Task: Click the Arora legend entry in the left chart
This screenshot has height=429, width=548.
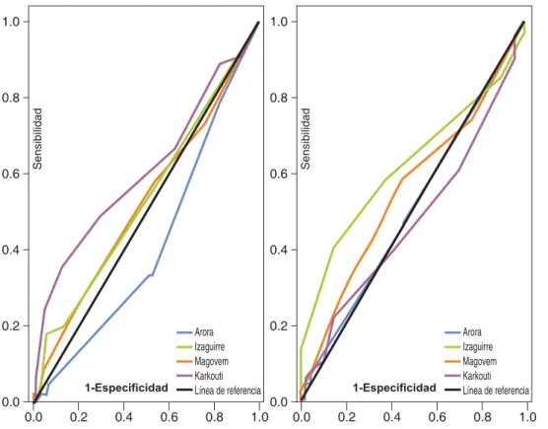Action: click(195, 332)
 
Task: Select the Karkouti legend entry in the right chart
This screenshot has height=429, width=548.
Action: click(468, 376)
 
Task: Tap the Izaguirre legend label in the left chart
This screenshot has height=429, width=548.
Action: click(210, 347)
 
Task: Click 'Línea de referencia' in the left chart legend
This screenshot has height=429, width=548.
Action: click(228, 391)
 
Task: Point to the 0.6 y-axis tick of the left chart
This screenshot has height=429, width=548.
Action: click(11, 174)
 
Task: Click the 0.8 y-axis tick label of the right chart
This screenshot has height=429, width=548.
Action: click(279, 98)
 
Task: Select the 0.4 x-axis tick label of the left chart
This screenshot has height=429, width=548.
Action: click(124, 417)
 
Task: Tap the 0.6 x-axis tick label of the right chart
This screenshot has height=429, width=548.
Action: click(437, 417)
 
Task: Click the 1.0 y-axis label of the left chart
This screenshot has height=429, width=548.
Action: click(11, 22)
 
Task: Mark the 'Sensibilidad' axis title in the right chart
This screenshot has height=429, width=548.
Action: click(306, 139)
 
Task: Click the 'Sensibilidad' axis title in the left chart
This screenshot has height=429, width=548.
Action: click(37, 139)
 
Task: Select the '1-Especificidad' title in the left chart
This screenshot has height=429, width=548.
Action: click(126, 388)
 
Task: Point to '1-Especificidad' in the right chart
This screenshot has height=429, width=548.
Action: click(394, 388)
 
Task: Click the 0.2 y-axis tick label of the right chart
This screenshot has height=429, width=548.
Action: click(279, 325)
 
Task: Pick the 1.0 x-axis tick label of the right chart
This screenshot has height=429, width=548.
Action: click(527, 417)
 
